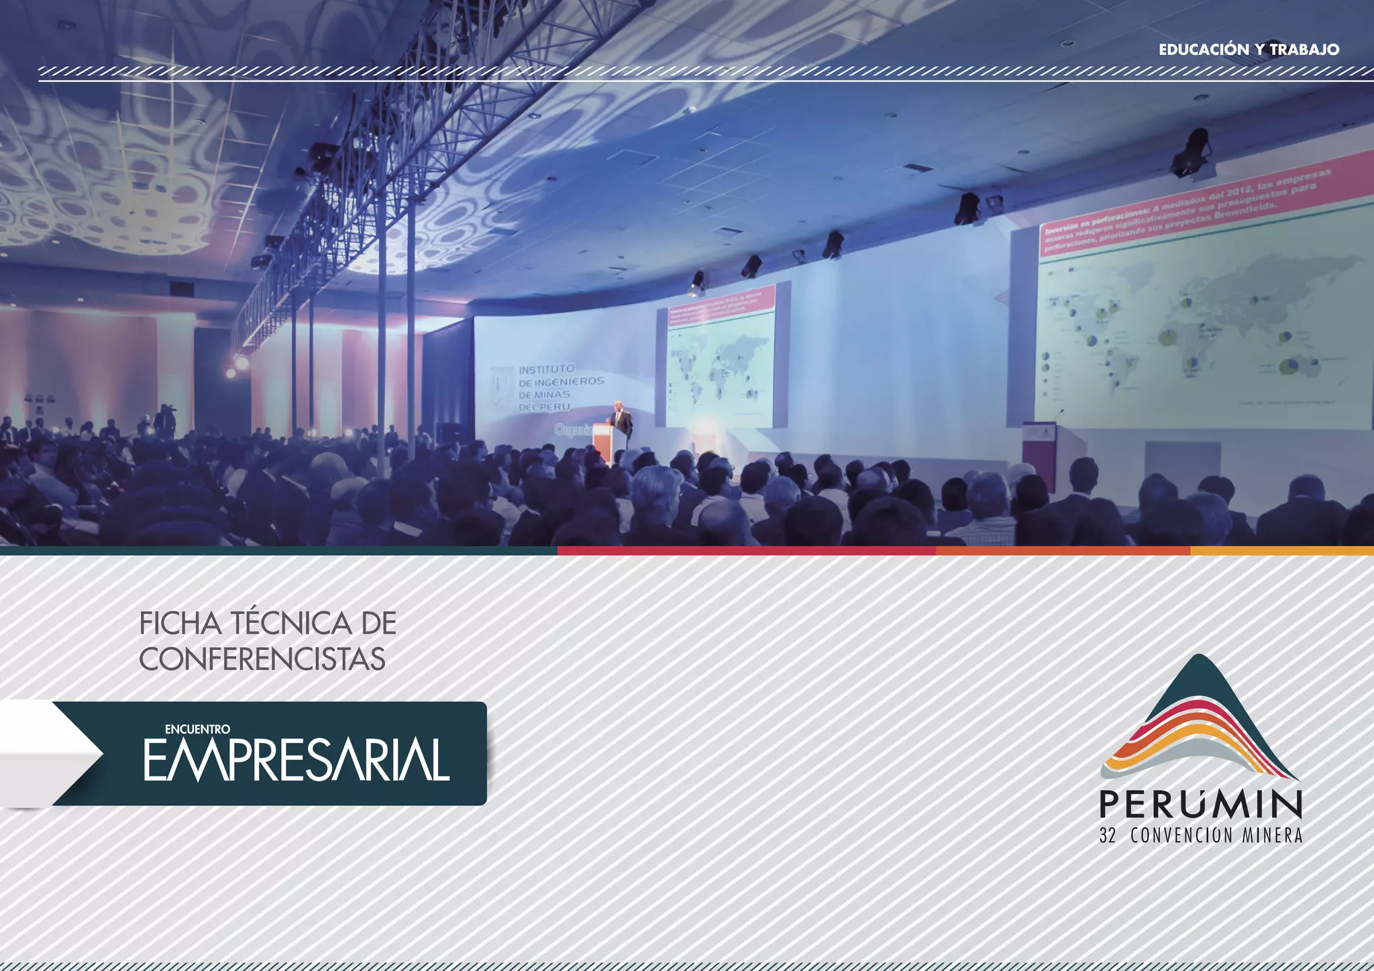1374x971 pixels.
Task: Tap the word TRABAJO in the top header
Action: click(1304, 50)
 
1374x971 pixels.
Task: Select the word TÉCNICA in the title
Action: click(292, 623)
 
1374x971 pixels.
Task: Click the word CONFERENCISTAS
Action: click(262, 659)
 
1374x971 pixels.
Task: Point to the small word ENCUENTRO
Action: click(197, 729)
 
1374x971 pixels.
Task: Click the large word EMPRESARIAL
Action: click(296, 760)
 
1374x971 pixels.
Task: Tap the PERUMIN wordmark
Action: click(1200, 804)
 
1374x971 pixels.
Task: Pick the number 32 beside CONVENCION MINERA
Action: click(1107, 836)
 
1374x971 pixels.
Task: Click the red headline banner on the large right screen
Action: click(1184, 213)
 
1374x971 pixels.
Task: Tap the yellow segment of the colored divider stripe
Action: click(1281, 551)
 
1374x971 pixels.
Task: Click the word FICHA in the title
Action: click(180, 623)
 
